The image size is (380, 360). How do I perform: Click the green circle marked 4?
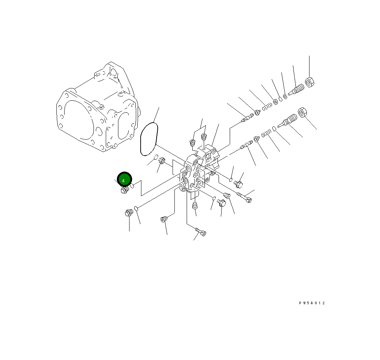[x=124, y=180]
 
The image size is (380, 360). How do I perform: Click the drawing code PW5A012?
[x=312, y=303]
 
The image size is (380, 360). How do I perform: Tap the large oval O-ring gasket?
[x=150, y=139]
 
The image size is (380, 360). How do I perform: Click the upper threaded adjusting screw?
[x=297, y=90]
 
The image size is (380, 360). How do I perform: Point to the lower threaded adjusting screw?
[x=288, y=120]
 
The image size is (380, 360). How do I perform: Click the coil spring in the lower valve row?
[x=266, y=133]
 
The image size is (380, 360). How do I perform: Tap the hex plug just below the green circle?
[x=125, y=190]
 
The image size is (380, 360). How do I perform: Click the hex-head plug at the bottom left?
[x=129, y=213]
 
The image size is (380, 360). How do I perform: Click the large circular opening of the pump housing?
[x=76, y=120]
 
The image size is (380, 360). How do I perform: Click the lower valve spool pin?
[x=246, y=146]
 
